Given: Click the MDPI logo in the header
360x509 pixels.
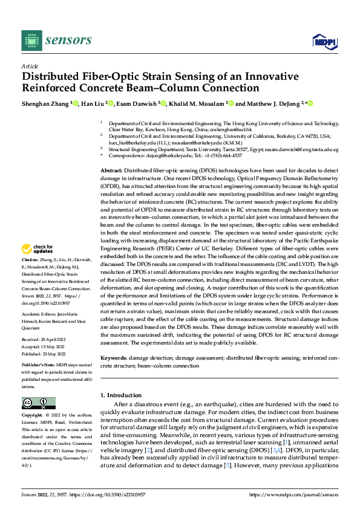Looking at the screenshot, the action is (x=324, y=41).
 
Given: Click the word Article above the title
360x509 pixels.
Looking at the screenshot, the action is (x=30, y=66).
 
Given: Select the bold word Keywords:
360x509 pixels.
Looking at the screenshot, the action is (x=114, y=358).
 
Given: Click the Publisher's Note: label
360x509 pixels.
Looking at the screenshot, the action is (x=39, y=366).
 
